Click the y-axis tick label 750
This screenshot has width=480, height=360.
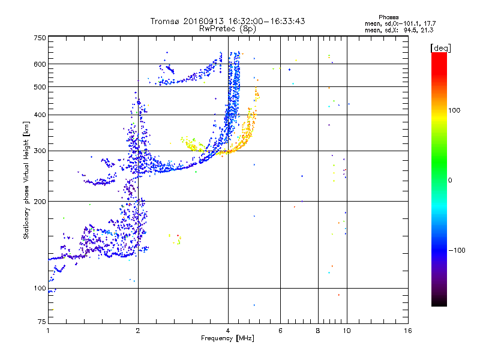[x=40, y=37]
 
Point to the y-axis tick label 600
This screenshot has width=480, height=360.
[x=40, y=64]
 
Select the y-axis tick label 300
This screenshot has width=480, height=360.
[x=40, y=151]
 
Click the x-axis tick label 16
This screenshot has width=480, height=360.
[x=407, y=331]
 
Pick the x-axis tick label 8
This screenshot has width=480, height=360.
[x=318, y=331]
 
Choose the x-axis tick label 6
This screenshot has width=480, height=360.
[x=280, y=331]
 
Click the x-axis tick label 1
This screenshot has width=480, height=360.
[x=48, y=331]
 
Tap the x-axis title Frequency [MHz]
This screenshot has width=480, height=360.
[x=228, y=338]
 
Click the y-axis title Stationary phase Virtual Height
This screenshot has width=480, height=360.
[x=26, y=181]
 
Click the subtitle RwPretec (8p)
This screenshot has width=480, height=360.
[x=228, y=28]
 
